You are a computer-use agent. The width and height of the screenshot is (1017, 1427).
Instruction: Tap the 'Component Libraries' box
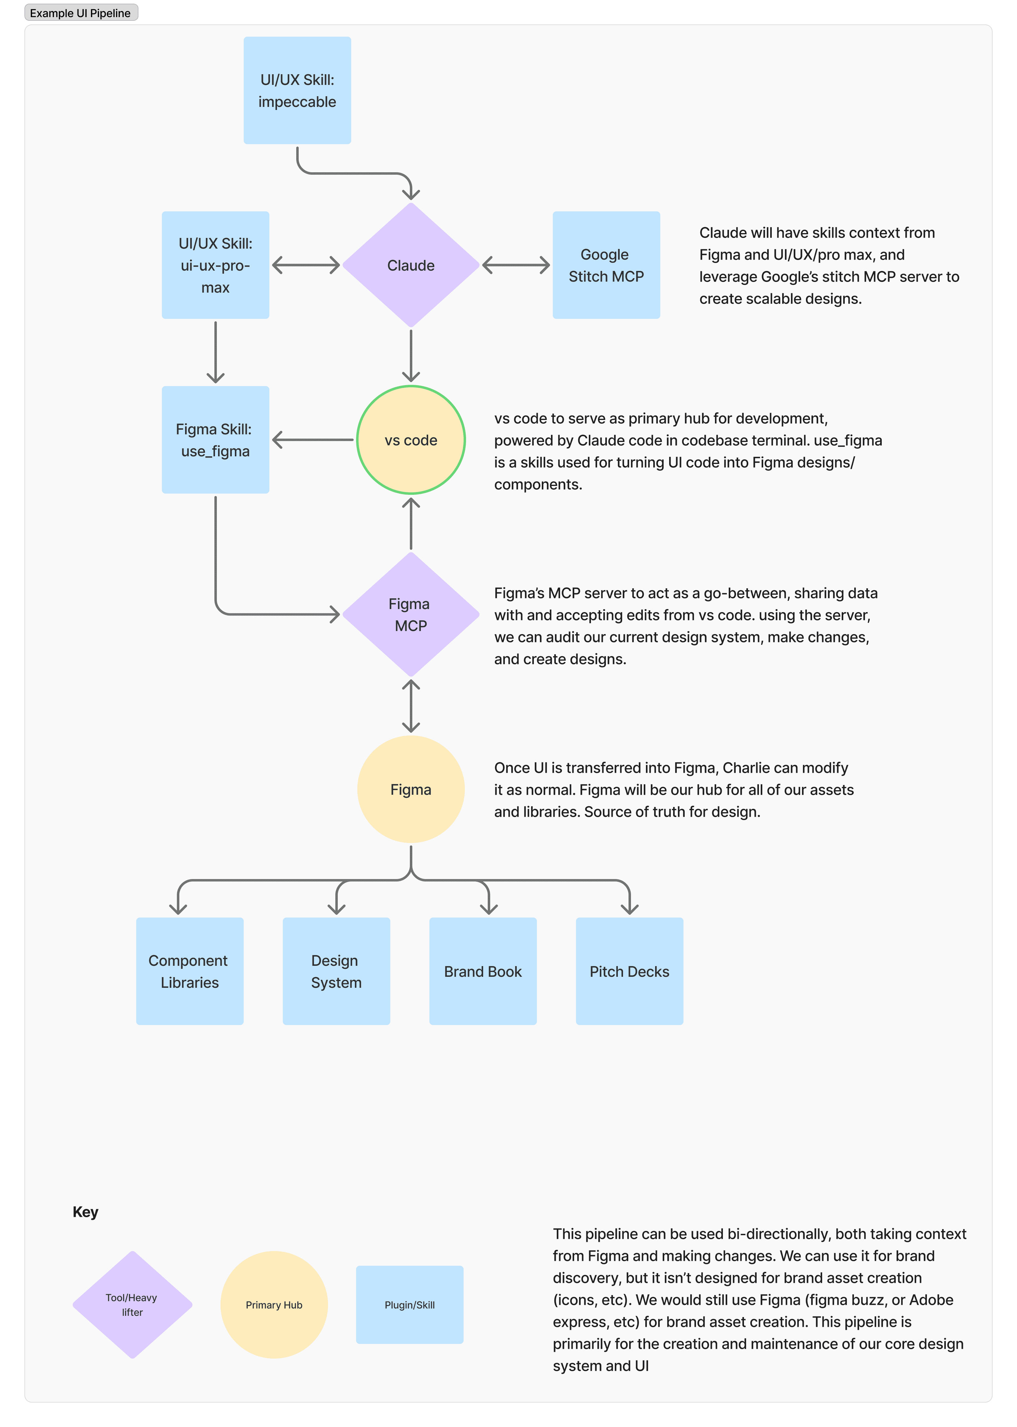pyautogui.click(x=190, y=971)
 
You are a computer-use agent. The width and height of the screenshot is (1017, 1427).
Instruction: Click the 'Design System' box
pyautogui.click(x=336, y=971)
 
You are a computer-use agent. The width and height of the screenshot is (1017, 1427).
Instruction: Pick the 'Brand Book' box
pyautogui.click(x=483, y=971)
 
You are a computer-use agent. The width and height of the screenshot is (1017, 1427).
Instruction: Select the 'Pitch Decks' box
pyautogui.click(x=629, y=971)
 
